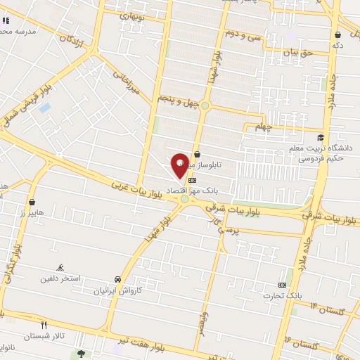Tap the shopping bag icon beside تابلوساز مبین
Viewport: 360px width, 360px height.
[x=197, y=154]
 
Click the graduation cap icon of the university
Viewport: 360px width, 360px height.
[x=321, y=137]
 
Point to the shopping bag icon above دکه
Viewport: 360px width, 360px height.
[x=338, y=34]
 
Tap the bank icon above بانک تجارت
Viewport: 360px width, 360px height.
[x=283, y=285]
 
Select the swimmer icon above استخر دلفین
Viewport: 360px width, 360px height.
[x=60, y=268]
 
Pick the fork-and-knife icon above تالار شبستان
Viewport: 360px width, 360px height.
[x=44, y=325]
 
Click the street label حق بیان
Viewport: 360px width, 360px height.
[x=296, y=52]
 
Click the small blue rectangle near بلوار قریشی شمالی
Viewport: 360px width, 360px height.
[x=45, y=108]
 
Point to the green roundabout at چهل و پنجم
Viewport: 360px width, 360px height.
[x=205, y=106]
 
